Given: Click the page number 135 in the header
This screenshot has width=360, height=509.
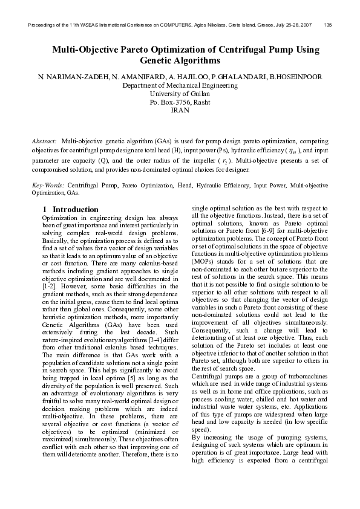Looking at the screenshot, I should pyautogui.click(x=327, y=25).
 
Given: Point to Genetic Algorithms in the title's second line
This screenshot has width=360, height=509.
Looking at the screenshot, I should pyautogui.click(x=180, y=61).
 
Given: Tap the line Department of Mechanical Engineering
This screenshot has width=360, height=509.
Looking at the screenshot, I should pyautogui.click(x=180, y=86).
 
